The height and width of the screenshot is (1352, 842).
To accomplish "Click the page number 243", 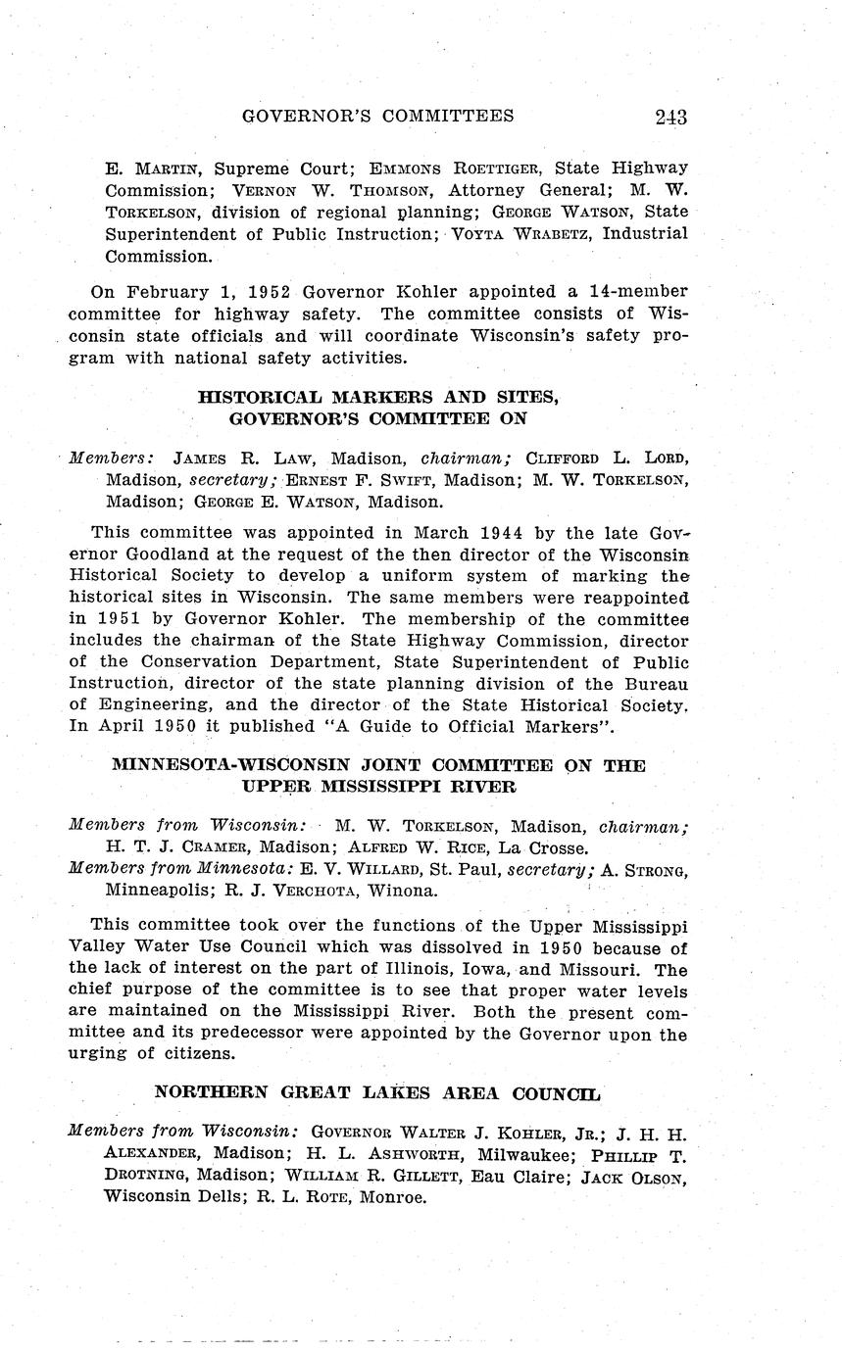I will [x=670, y=117].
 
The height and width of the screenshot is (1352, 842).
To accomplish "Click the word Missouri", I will [x=600, y=970].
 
